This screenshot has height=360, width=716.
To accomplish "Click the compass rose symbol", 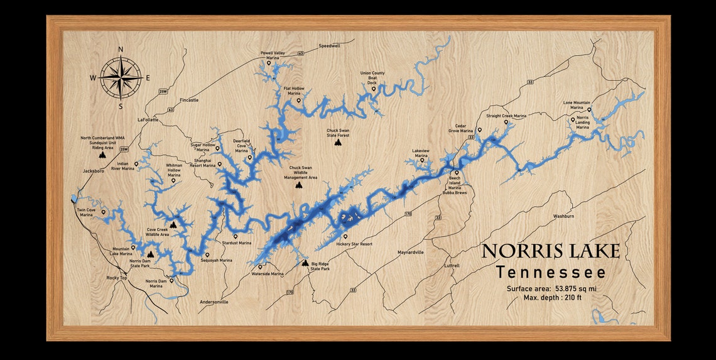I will coord(121,77).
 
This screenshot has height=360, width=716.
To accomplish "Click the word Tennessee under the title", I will coord(550,273).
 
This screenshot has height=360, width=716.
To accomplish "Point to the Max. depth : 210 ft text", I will coord(553,297).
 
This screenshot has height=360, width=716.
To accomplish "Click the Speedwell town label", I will coord(329,46).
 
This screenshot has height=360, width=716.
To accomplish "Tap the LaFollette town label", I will coord(148,119).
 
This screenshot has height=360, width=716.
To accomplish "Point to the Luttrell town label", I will coord(452,266).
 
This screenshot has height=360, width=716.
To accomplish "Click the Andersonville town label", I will coord(214,302).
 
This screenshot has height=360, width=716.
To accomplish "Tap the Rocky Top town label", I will coord(117,277).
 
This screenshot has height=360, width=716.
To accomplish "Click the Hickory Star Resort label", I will coord(354,244).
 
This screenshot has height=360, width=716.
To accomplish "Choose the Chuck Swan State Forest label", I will coord(338,133).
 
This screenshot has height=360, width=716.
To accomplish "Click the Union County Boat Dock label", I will coord(372,77).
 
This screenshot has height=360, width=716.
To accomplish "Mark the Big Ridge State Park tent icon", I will coord(305,263).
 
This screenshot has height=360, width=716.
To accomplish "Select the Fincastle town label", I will coord(189,100).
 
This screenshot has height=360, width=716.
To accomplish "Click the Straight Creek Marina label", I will coord(506,116).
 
